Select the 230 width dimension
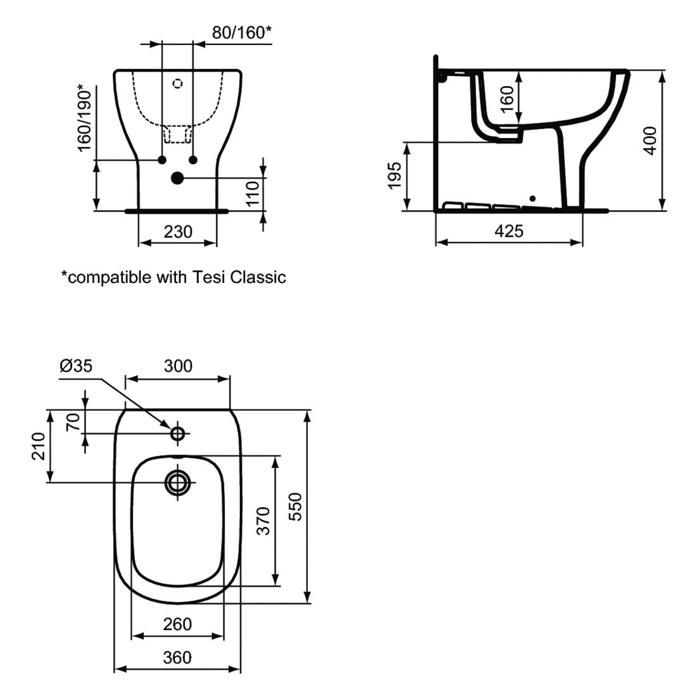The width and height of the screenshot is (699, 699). tap(178, 232)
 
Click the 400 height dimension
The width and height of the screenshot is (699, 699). tap(650, 140)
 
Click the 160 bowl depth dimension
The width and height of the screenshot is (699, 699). tap(508, 99)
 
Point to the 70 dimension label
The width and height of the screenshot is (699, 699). tap(73, 421)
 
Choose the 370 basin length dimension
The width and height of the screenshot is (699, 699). tap(263, 520)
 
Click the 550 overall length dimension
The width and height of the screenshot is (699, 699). tap(295, 507)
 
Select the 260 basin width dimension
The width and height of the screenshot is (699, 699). tap(177, 624)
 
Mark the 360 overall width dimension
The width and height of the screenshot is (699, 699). tap(177, 658)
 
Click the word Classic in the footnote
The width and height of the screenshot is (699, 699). tap(258, 277)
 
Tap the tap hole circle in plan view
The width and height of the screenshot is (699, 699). tap(178, 433)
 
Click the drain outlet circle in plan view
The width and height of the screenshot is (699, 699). tap(178, 482)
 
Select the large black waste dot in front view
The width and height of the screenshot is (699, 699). tap(177, 179)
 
